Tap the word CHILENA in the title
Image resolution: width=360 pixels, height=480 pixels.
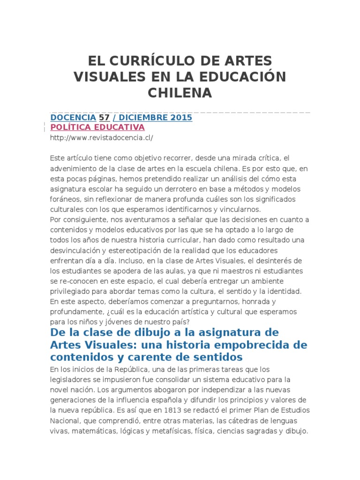tap(180, 92)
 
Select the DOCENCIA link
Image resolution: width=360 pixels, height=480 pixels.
tap(73, 118)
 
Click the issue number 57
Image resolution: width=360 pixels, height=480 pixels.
tap(104, 118)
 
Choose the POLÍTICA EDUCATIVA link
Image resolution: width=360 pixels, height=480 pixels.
tap(97, 127)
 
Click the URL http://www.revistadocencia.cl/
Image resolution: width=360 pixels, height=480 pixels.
tap(101, 138)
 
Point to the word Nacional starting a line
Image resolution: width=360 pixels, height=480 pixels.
tap(65, 420)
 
